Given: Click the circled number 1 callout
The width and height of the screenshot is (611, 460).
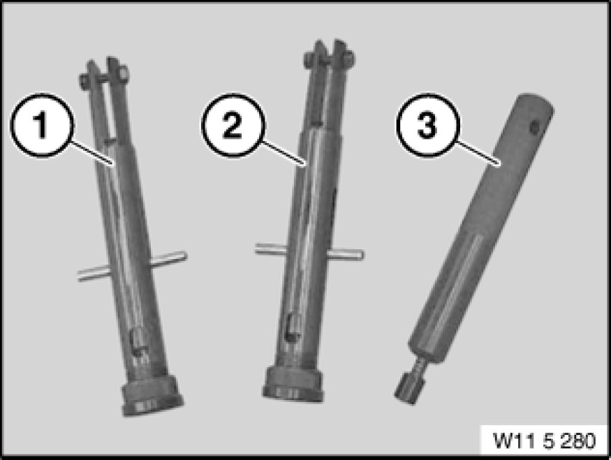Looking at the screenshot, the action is (x=41, y=125).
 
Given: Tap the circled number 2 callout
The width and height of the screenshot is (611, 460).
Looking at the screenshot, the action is (x=233, y=125).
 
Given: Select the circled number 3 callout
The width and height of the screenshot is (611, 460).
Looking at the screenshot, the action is (x=428, y=125).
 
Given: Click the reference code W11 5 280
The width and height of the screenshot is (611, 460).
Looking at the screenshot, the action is (x=544, y=440).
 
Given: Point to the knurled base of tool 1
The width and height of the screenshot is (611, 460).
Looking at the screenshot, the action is (x=152, y=395).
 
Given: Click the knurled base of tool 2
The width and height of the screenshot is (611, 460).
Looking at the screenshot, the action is (x=293, y=385).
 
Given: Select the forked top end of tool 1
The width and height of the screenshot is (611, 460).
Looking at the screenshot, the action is (x=105, y=76).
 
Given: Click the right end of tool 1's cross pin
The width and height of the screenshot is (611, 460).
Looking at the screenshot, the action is (x=185, y=257).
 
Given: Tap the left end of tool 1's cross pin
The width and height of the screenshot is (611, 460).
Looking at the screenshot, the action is (x=80, y=275).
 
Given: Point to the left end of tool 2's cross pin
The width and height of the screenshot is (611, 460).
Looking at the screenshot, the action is (x=258, y=248).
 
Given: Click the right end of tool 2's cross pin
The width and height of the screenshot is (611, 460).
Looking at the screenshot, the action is (x=362, y=255).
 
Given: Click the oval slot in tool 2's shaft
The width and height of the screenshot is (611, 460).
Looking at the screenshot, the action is (x=291, y=327).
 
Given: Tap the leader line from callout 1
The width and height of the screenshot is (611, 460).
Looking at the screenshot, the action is (x=92, y=154).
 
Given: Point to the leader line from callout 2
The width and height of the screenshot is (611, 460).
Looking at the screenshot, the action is (x=284, y=154).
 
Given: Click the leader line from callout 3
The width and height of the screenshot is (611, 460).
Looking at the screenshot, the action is (x=478, y=154).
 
